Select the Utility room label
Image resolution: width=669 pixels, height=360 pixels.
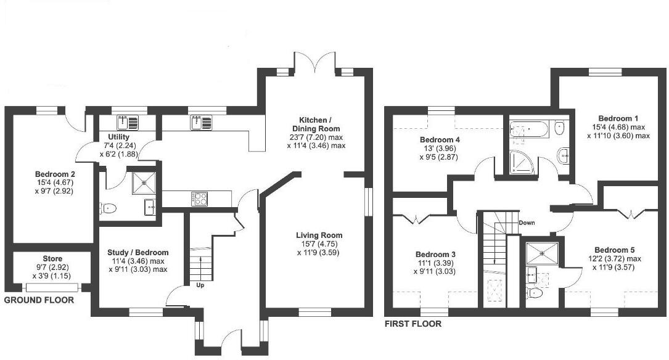pyautogui.click(x=118, y=137)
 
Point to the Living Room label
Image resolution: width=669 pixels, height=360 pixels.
pyautogui.click(x=319, y=235)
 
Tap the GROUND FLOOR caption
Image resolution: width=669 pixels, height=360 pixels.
pyautogui.click(x=39, y=301)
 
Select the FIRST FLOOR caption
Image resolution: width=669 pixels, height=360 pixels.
pyautogui.click(x=412, y=324)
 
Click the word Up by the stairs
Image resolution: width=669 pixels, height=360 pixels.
pyautogui.click(x=200, y=285)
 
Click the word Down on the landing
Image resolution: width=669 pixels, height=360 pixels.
pyautogui.click(x=527, y=223)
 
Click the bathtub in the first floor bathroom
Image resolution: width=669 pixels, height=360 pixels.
pyautogui.click(x=528, y=129)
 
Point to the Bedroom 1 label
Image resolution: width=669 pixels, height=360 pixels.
pyautogui.click(x=618, y=118)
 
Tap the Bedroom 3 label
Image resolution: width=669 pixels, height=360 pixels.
pyautogui.click(x=435, y=255)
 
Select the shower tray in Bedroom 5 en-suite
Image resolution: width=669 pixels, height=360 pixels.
pyautogui.click(x=541, y=252)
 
